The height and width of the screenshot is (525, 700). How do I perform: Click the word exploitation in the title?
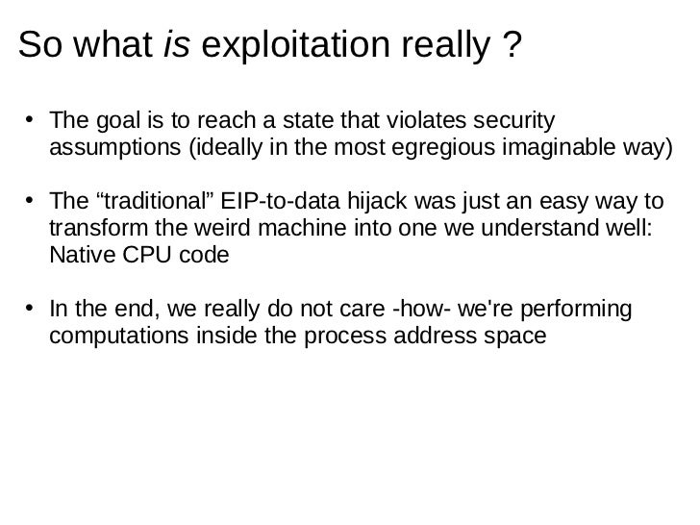point(289,44)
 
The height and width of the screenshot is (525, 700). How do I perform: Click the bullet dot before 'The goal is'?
point(32,122)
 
